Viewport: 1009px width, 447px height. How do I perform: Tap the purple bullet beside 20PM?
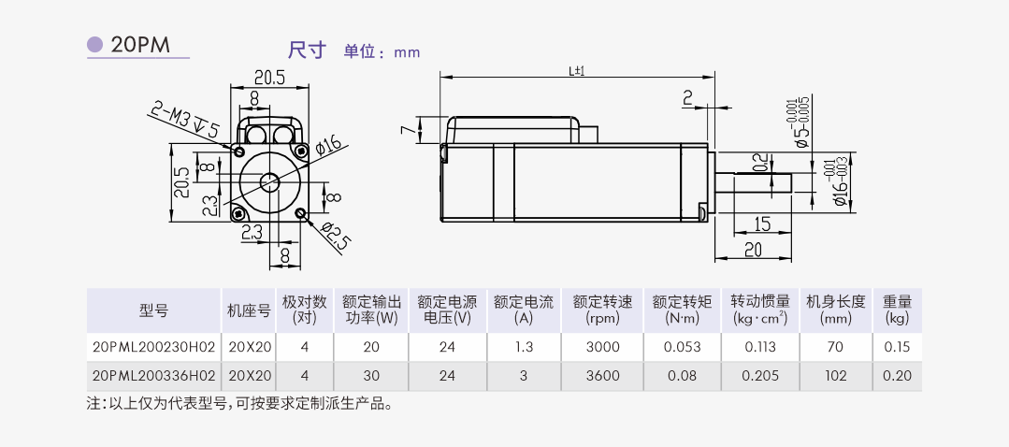(94, 45)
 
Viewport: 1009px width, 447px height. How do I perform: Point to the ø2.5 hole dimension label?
(335, 237)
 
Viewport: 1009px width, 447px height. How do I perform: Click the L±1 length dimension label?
(576, 71)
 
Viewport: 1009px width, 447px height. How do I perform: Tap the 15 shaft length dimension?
(761, 223)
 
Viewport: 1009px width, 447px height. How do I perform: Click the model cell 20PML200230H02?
(154, 347)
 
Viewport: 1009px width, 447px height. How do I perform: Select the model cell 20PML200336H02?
(154, 376)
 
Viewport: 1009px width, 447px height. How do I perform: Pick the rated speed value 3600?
(602, 376)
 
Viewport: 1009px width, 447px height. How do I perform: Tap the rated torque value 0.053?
(681, 347)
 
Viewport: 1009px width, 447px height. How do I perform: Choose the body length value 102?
(835, 376)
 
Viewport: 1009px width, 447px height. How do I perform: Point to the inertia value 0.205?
(758, 376)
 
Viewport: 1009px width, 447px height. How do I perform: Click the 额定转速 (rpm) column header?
(602, 310)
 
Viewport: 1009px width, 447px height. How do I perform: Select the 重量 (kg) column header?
(897, 310)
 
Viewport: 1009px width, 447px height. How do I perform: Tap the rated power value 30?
(371, 376)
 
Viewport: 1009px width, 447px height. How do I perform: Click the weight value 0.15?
(897, 347)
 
